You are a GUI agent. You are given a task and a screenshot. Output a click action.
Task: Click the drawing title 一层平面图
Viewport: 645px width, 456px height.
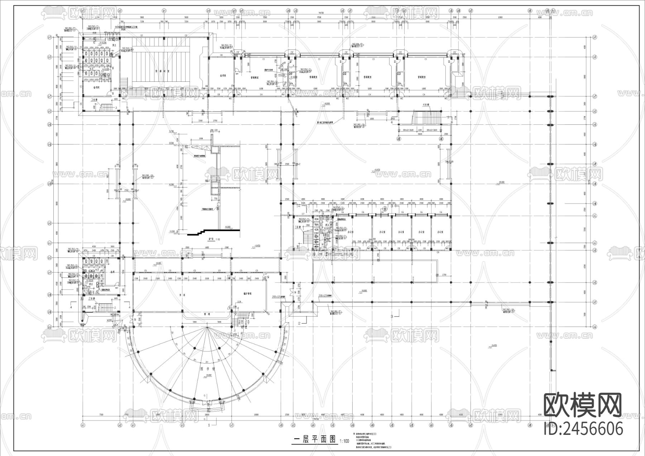[x=314, y=440]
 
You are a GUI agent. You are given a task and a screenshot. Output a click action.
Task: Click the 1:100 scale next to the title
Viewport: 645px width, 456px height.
[x=344, y=441]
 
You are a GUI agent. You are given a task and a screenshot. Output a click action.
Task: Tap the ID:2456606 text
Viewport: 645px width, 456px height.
[x=583, y=428]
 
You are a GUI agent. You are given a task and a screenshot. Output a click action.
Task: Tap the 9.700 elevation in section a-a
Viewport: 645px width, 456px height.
[x=172, y=132]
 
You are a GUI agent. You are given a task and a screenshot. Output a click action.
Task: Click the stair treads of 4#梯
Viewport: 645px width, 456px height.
[x=427, y=117]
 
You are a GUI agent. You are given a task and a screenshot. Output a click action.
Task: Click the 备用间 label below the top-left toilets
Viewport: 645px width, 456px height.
[x=96, y=87]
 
